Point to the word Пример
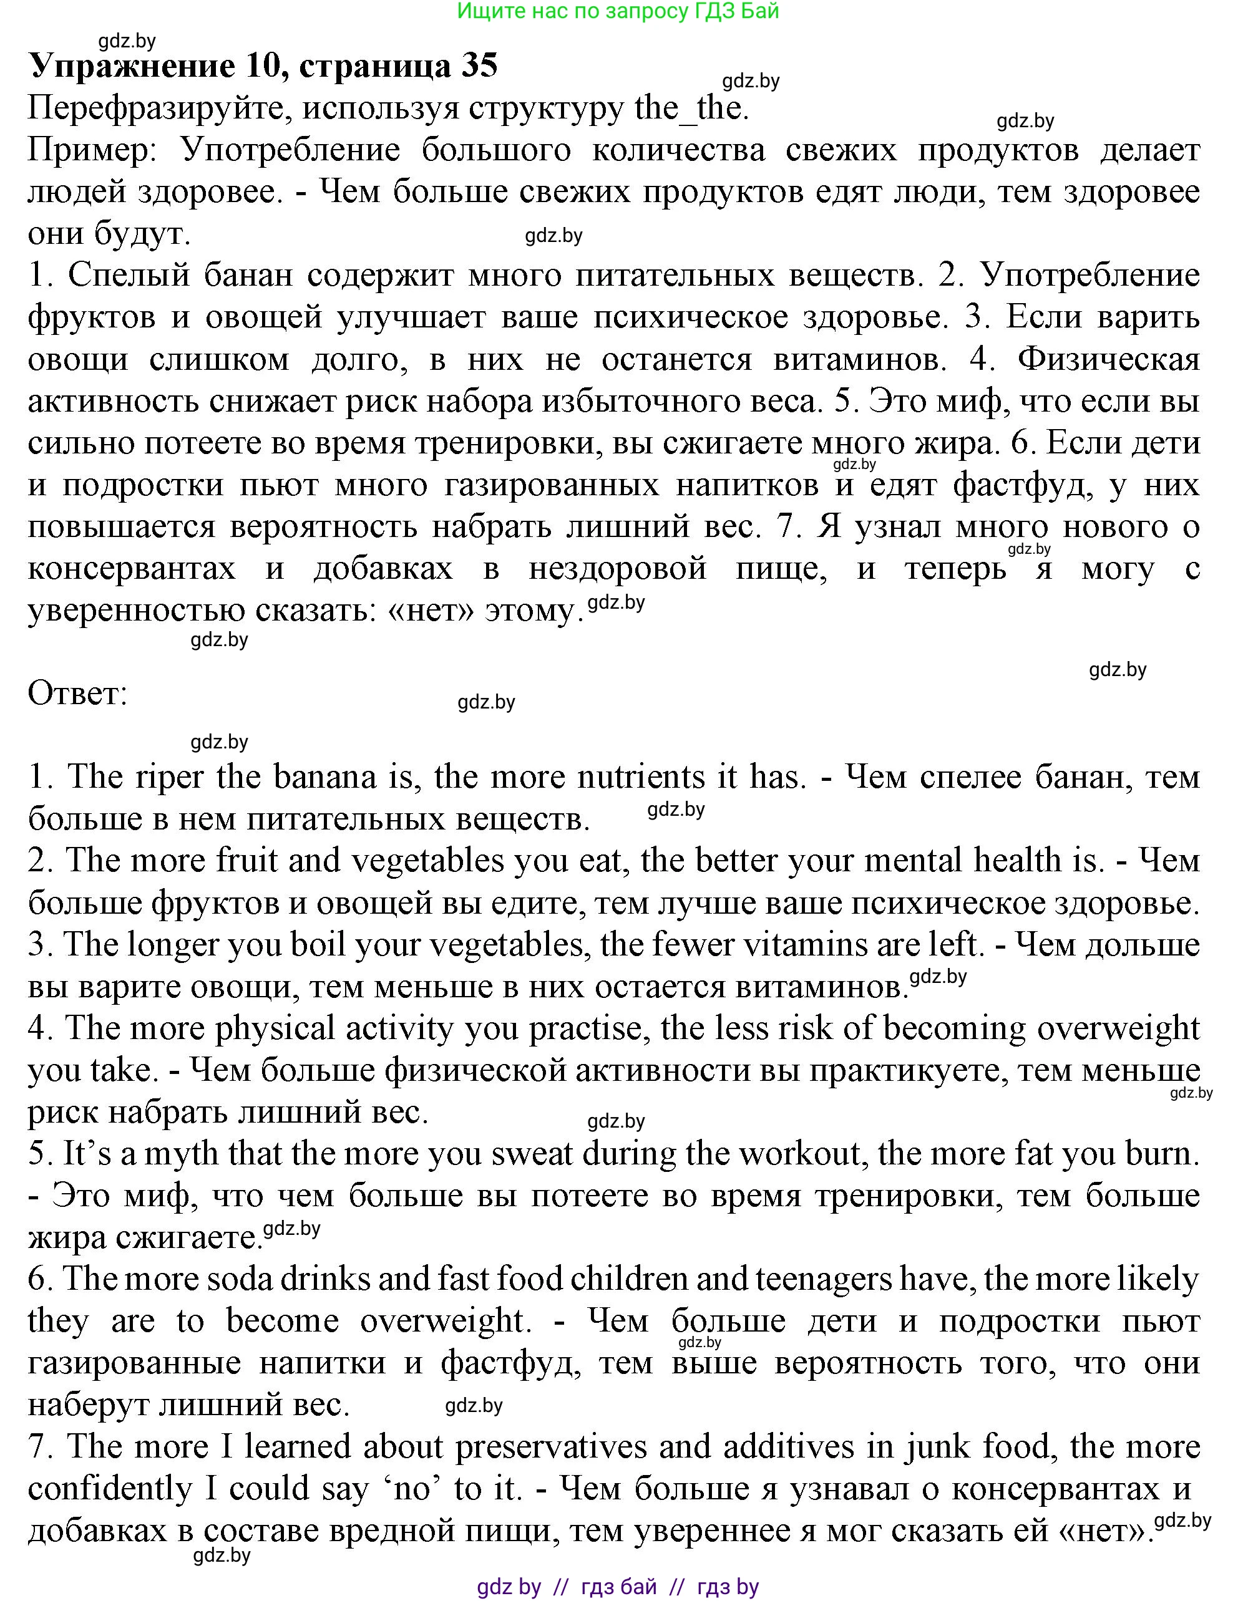[x=91, y=150]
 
